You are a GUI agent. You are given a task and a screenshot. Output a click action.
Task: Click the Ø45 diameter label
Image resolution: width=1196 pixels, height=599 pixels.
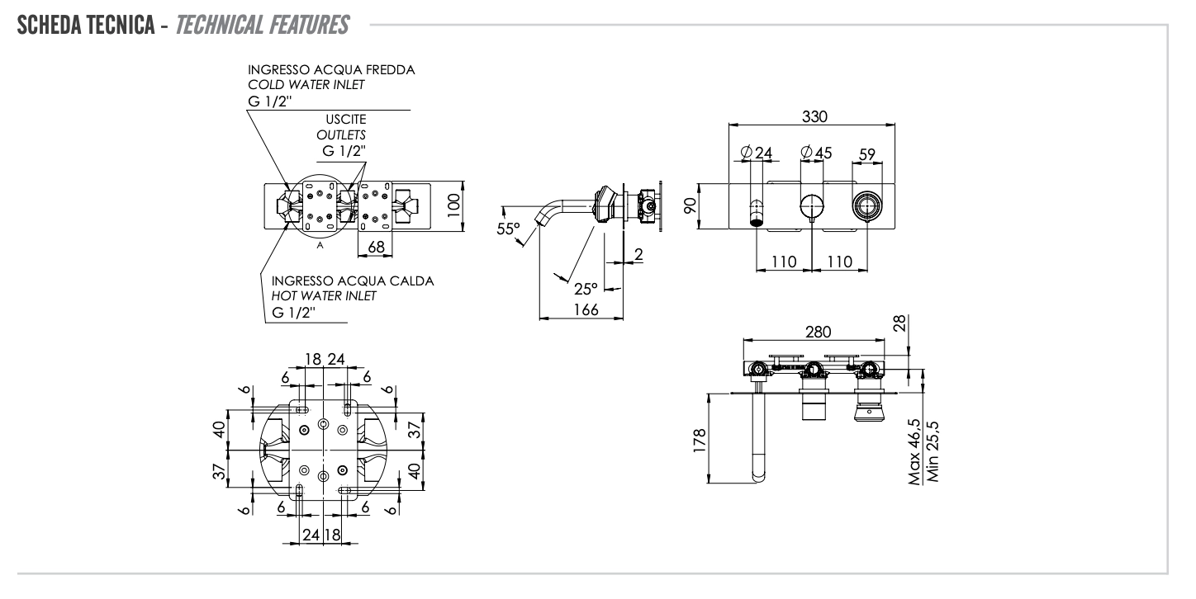pyautogui.click(x=817, y=153)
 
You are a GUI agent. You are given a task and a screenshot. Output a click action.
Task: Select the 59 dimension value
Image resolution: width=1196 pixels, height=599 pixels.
pyautogui.click(x=867, y=153)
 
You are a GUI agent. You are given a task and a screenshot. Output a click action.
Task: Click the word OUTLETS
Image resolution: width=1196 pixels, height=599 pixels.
pyautogui.click(x=343, y=135)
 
